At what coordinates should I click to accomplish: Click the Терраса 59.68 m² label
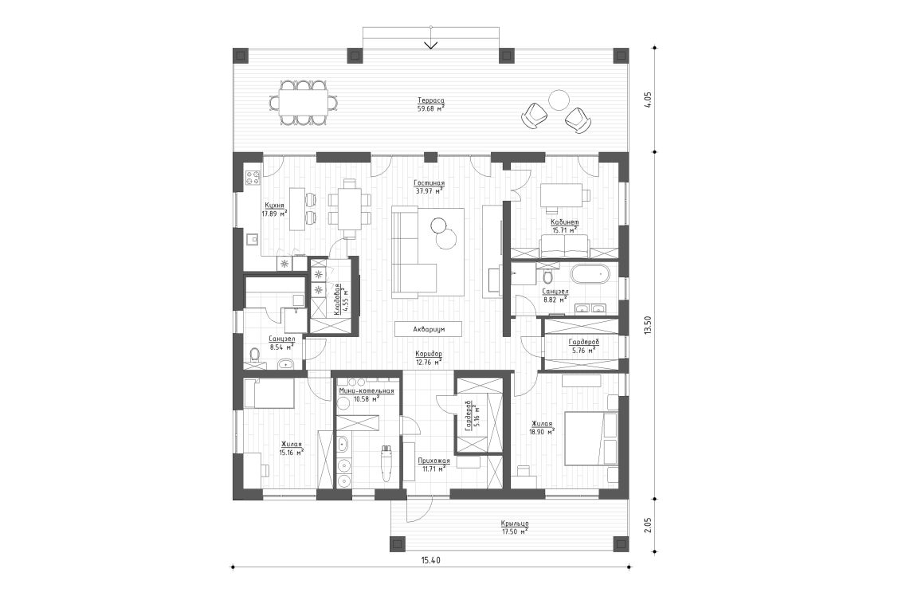pos(430,104)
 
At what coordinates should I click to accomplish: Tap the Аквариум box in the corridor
pos(428,328)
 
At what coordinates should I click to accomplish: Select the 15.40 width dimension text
pos(430,560)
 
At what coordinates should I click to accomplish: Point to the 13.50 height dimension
pos(648,325)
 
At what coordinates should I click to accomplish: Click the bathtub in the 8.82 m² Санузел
pos(590,276)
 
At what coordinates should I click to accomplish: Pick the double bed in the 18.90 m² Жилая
pos(591,437)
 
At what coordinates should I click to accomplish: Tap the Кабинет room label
pos(564,225)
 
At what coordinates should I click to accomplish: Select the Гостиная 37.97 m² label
pos(430,186)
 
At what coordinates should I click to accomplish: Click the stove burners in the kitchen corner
pos(253,177)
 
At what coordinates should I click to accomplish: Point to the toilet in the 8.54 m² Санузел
pos(255,355)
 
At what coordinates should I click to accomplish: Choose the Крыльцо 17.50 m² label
pos(515,527)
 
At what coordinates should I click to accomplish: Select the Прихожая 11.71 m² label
pos(434,465)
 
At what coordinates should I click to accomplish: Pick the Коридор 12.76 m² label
pos(429,357)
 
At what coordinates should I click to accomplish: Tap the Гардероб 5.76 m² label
pos(583,346)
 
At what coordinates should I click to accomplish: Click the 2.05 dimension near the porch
pos(648,524)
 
